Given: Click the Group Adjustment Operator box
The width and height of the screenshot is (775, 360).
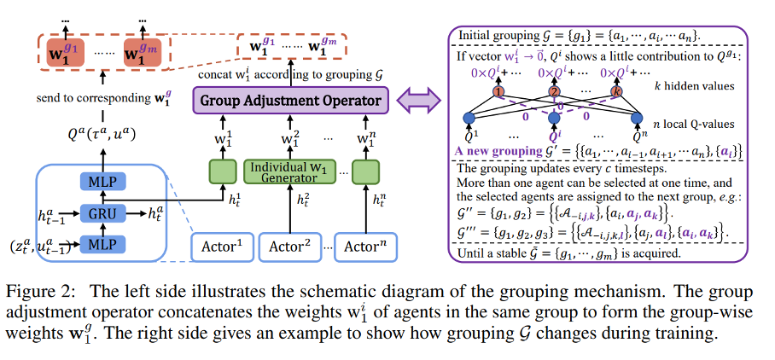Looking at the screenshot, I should [290, 102].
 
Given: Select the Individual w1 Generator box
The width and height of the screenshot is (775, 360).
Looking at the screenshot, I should [289, 170].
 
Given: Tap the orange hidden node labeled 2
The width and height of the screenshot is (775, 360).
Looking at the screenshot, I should [554, 91].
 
